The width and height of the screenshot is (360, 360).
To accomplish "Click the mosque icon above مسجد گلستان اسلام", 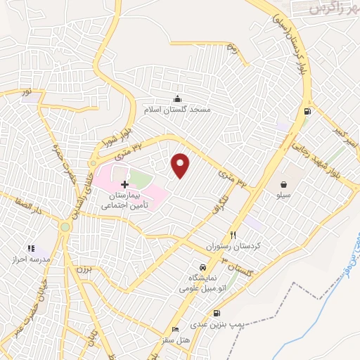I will coord(177,98).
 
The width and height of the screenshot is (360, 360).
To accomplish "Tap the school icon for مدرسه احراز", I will coord(30,248).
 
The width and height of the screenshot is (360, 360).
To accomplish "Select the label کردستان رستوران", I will coord(229,248).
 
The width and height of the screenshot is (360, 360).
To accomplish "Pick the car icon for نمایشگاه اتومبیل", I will coord(202,267).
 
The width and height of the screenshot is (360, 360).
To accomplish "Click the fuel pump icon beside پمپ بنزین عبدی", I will coord(215,313).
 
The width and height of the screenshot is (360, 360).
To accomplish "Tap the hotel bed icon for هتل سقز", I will coord(175,329).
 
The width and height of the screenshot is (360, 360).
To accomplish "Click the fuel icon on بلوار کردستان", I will coord(307,111).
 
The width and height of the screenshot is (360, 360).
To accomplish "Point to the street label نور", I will coord(27,92).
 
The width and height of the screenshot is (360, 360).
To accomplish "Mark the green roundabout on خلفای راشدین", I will coord(65,226).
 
